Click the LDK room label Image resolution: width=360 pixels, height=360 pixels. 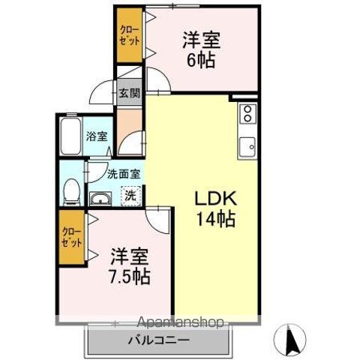coord(216,199)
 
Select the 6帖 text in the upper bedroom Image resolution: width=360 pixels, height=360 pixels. coord(200,60)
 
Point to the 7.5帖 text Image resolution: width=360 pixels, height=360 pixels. coord(130,275)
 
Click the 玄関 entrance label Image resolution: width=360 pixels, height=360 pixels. coord(129,94)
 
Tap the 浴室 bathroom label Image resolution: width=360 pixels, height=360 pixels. coord(97,136)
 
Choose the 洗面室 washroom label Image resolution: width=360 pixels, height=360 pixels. coord(123,174)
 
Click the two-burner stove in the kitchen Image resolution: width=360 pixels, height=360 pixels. coord(247,114)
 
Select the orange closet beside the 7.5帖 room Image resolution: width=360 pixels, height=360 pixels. coord(72,236)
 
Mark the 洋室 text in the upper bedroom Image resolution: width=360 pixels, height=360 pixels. coord(200,40)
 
